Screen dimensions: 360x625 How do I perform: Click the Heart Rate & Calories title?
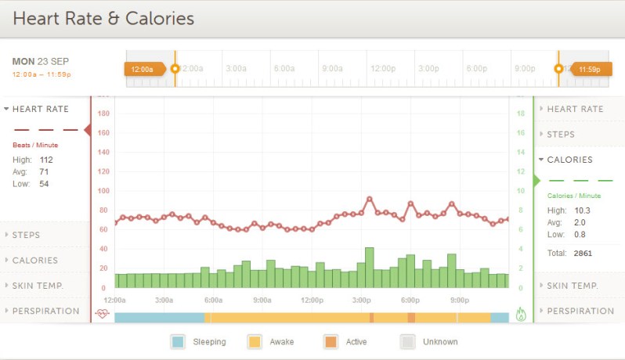(x=103, y=17)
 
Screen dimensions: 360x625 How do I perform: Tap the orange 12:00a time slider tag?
(x=143, y=69)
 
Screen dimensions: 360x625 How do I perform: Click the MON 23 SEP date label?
(x=42, y=61)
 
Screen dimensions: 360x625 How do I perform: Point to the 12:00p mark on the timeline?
(x=382, y=68)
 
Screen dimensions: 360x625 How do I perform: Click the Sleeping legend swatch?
(x=178, y=341)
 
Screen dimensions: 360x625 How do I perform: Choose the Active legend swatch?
(x=330, y=341)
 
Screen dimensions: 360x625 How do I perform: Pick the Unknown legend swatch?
(x=407, y=341)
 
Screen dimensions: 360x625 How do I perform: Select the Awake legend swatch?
(x=255, y=341)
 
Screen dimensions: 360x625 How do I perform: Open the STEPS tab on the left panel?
(x=27, y=235)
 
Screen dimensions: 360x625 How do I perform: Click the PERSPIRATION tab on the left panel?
(x=45, y=311)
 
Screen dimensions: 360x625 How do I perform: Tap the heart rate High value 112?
(x=46, y=160)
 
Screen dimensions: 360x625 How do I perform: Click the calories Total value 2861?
(x=583, y=254)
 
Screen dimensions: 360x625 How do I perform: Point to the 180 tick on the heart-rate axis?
(x=103, y=113)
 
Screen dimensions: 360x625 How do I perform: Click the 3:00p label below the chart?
(x=361, y=300)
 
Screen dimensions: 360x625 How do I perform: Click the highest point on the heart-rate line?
(x=369, y=200)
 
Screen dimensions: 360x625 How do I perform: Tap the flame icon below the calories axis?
(x=521, y=314)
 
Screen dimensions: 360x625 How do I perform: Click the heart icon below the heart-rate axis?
(x=103, y=314)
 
